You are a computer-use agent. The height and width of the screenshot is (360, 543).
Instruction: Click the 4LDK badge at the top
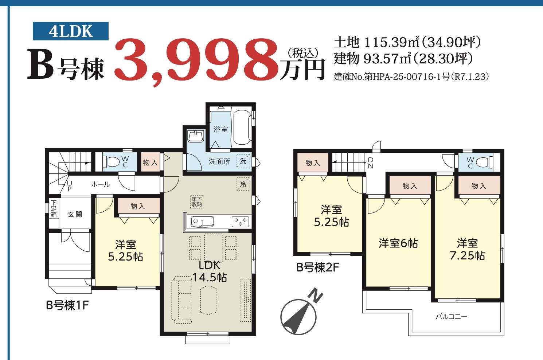point(71,31)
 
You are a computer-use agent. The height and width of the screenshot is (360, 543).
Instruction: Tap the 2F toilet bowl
point(484,162)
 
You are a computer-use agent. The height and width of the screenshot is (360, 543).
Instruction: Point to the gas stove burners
point(240,222)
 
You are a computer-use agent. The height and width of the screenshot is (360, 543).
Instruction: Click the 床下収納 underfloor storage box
point(196,202)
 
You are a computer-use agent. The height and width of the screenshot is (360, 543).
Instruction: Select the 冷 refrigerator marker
point(243,184)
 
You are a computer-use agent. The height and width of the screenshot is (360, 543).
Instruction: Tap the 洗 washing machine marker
point(243,161)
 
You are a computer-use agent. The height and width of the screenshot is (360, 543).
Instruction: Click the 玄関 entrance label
point(75,214)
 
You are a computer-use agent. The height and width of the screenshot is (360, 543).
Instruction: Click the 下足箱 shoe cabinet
point(54,208)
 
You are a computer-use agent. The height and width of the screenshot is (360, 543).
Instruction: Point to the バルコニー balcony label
point(451,317)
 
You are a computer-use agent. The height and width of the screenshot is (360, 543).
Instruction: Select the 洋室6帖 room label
point(398,243)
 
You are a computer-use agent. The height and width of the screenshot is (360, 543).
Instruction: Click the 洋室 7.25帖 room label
point(467,249)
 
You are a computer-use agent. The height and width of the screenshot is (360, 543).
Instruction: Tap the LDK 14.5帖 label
point(210,271)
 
